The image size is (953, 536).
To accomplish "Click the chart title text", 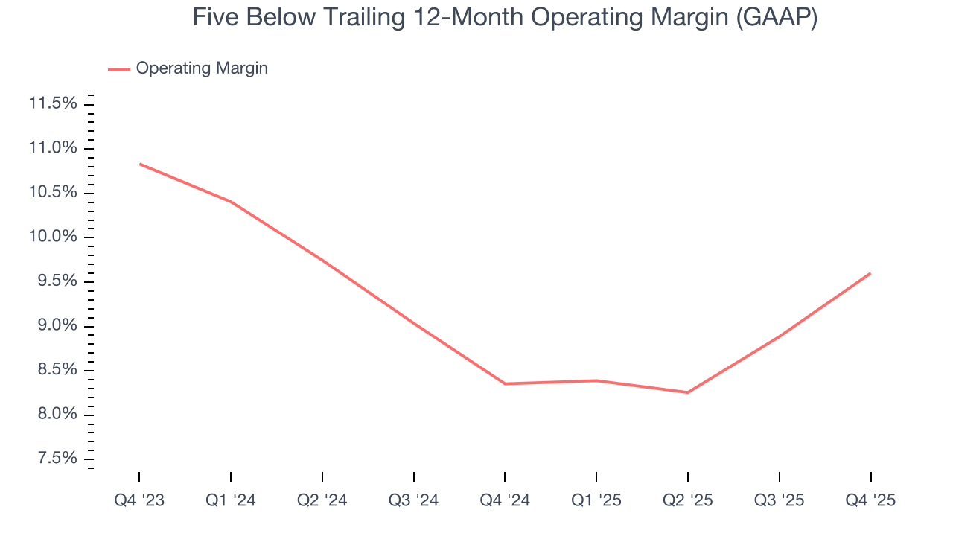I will click(x=505, y=17).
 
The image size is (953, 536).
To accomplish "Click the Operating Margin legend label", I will click(x=201, y=68).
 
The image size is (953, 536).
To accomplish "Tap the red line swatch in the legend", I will click(x=119, y=69).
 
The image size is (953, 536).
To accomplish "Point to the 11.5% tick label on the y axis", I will click(x=53, y=103).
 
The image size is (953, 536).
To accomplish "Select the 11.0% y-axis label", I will click(x=53, y=148).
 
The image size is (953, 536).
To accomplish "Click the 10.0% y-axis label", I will click(x=53, y=237).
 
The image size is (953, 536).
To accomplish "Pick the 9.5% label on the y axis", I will click(x=57, y=281).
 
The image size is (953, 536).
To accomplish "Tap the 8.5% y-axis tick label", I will click(x=57, y=370).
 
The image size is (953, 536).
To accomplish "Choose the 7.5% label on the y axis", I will click(x=57, y=459).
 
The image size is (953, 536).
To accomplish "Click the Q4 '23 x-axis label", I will click(x=139, y=501).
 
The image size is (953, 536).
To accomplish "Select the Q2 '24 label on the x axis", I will click(x=322, y=501).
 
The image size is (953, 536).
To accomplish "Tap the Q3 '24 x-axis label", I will click(x=414, y=501).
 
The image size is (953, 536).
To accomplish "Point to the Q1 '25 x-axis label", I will click(x=596, y=501).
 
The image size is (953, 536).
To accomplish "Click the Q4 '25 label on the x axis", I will click(x=870, y=501).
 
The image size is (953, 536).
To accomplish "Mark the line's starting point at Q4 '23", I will click(x=139, y=164).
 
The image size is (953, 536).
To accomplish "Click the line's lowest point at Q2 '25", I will click(x=688, y=392).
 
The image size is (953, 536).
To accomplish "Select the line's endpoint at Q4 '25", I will click(x=870, y=273).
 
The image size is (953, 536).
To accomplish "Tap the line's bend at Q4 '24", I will click(x=505, y=383).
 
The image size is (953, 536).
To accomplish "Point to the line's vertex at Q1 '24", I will click(x=231, y=202).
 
